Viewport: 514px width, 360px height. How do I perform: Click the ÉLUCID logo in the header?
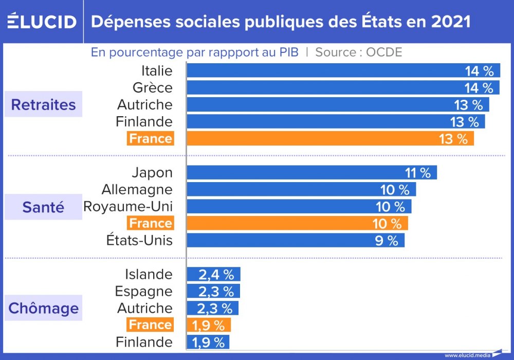tap(42, 22)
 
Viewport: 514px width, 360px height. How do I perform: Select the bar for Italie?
tap(343, 70)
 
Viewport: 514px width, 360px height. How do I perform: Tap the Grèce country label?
tap(152, 87)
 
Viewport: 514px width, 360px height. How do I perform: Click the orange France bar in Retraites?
tap(329, 138)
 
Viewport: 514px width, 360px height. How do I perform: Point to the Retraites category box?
tap(44, 105)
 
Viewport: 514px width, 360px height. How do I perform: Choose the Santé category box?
tap(44, 207)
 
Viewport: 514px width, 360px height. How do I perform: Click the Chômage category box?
tap(44, 308)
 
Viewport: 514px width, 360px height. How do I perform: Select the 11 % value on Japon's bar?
tap(417, 173)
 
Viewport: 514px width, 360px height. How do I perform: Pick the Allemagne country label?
tap(137, 190)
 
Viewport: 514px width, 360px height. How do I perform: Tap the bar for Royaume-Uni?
tap(299, 207)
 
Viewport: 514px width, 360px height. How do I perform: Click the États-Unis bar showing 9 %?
tap(295, 240)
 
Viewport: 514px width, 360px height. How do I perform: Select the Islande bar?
tap(213, 274)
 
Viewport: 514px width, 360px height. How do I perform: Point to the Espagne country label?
tap(143, 291)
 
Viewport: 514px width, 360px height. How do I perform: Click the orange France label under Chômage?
tap(150, 325)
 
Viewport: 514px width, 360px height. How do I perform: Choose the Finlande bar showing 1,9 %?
tap(208, 342)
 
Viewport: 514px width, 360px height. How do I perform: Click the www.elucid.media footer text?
tap(466, 355)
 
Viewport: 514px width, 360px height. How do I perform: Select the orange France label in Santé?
tap(150, 223)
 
